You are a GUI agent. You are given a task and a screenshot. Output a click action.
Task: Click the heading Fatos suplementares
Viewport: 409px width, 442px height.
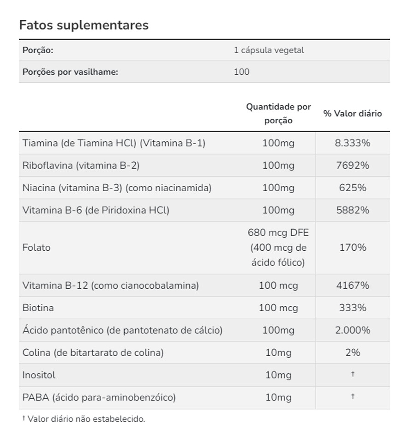pyautogui.click(x=84, y=25)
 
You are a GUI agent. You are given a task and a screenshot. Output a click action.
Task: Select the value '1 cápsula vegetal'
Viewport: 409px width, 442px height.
pyautogui.click(x=269, y=50)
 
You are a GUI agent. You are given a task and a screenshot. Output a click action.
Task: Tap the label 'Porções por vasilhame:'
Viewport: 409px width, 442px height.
pyautogui.click(x=70, y=72)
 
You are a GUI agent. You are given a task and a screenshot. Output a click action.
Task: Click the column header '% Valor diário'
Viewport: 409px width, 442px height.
pyautogui.click(x=352, y=114)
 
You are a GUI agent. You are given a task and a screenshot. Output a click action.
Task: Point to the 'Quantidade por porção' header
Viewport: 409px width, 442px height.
pyautogui.click(x=278, y=114)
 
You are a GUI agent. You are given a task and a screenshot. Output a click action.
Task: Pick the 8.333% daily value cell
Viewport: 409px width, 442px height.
pyautogui.click(x=352, y=143)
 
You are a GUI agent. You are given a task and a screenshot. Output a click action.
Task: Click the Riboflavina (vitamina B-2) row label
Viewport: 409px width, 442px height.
pyautogui.click(x=81, y=165)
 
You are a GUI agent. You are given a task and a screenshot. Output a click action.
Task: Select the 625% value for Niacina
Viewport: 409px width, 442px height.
pyautogui.click(x=352, y=188)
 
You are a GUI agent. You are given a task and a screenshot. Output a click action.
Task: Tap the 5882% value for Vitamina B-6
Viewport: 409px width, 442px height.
pyautogui.click(x=352, y=210)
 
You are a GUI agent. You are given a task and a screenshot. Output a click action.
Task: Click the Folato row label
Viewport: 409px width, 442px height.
pyautogui.click(x=36, y=248)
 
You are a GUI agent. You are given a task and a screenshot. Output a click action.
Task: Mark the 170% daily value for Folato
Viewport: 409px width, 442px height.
pyautogui.click(x=352, y=248)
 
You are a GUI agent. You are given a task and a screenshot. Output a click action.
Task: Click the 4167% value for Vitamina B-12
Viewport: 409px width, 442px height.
pyautogui.click(x=352, y=285)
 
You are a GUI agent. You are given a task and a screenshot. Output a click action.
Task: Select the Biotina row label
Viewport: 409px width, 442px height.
pyautogui.click(x=38, y=308)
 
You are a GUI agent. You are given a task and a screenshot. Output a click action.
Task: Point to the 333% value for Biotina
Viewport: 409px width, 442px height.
pyautogui.click(x=352, y=308)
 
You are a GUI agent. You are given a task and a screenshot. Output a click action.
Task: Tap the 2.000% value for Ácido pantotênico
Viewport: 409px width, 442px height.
pyautogui.click(x=352, y=330)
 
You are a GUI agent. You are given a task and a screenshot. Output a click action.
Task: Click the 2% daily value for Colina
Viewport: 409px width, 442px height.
pyautogui.click(x=352, y=353)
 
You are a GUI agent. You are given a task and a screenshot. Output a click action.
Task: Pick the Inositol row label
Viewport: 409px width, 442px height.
pyautogui.click(x=39, y=375)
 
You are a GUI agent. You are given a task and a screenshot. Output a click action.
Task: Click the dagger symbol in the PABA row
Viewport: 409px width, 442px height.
pyautogui.click(x=352, y=397)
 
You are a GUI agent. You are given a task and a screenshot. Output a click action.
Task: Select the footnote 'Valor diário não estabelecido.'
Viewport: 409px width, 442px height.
pyautogui.click(x=86, y=419)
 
